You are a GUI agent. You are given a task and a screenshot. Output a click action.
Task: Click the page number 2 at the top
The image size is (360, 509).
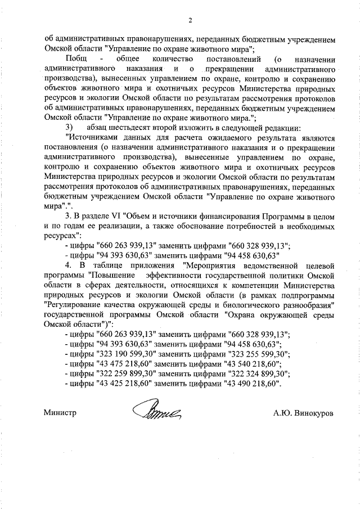[x=191, y=21]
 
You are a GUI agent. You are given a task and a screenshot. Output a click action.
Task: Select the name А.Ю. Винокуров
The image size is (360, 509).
[x=303, y=413]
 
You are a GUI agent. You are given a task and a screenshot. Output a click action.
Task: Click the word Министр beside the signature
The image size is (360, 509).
[x=60, y=413]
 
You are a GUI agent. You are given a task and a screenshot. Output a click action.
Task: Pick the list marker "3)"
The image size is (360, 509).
[x=69, y=128]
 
